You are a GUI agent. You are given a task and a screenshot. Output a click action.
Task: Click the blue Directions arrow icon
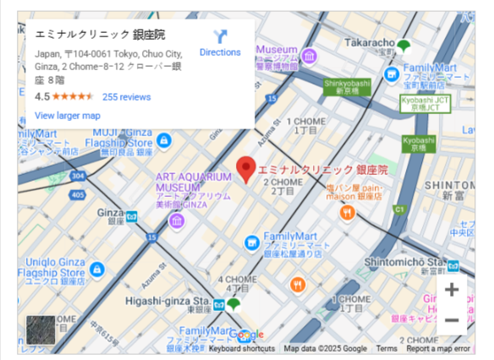(220, 36)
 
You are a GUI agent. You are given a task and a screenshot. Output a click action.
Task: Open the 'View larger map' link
(68, 115)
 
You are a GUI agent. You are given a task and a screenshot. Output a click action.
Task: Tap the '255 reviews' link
(126, 97)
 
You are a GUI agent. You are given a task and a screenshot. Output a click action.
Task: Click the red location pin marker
(245, 169)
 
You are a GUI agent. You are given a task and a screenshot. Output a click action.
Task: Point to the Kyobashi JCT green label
(420, 103)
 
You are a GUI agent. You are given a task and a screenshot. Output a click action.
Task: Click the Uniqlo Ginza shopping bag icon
(98, 270)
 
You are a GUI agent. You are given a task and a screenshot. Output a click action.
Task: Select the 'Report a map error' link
(437, 348)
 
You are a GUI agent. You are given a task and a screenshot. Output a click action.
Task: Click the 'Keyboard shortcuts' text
(242, 348)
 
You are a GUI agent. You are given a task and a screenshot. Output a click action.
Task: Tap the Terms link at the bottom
(387, 348)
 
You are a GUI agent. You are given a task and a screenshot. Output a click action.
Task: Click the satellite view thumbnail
(41, 330)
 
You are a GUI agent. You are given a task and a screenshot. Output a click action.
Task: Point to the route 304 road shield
(78, 176)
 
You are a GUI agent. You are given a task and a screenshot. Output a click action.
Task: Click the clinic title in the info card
(101, 35)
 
